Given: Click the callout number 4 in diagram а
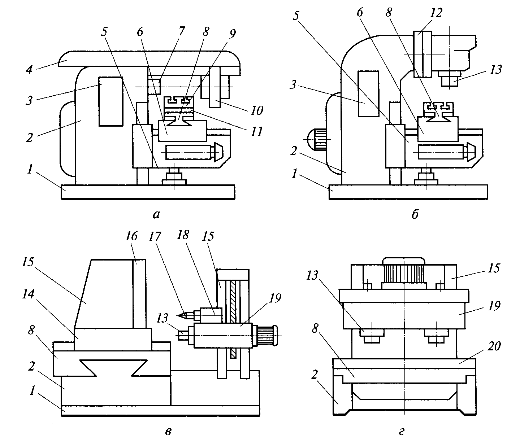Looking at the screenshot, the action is pyautogui.click(x=30, y=69).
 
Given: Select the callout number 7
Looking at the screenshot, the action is pyautogui.click(x=182, y=32).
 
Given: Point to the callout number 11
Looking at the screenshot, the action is pyautogui.click(x=257, y=131).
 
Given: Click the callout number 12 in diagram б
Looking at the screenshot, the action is pyautogui.click(x=436, y=13).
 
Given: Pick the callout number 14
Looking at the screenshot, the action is pyautogui.click(x=28, y=294).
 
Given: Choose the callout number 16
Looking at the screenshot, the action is pyautogui.click(x=131, y=236).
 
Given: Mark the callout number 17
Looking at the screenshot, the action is pyautogui.click(x=155, y=236).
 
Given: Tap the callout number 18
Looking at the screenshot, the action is pyautogui.click(x=183, y=235).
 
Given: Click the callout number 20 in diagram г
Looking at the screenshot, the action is pyautogui.click(x=494, y=346).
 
